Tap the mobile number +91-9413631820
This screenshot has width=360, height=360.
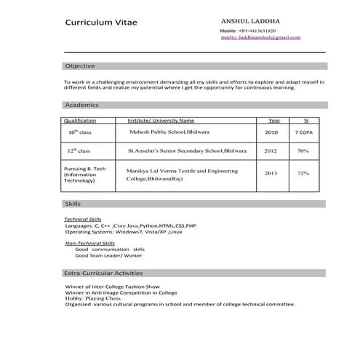point(255,31)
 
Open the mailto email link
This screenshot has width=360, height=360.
point(260,37)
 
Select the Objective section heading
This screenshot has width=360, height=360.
point(80,66)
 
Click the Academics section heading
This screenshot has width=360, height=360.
point(82,105)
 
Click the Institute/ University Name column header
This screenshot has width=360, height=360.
point(161,120)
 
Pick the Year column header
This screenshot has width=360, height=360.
point(274,120)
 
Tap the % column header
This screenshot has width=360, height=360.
point(306,120)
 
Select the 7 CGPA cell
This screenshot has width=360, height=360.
point(305,134)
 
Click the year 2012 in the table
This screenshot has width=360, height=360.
point(271,151)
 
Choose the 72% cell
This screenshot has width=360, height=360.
point(303,174)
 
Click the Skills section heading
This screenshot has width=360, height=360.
point(73,204)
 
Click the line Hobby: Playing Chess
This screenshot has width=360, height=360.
point(95,298)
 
